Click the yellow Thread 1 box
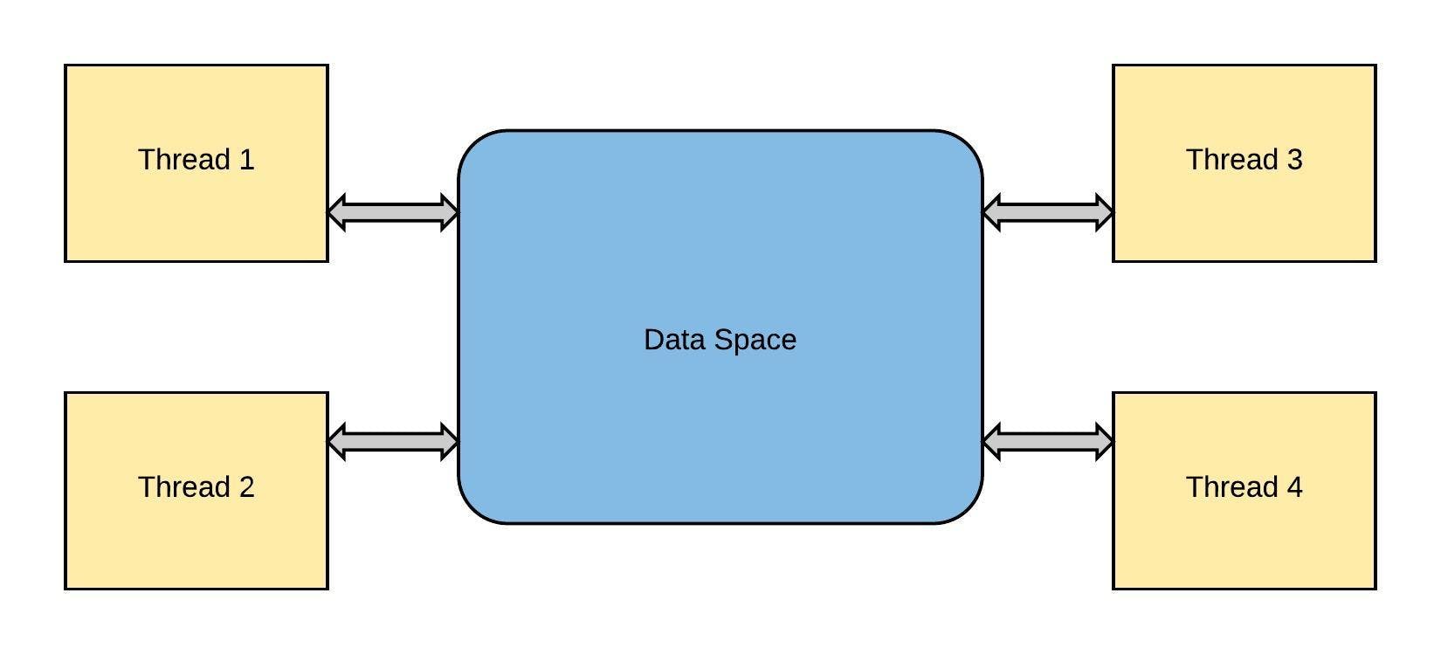click(196, 163)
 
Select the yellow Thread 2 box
click(196, 491)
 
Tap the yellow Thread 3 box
click(1244, 163)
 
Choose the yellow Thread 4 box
click(1244, 491)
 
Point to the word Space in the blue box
click(756, 341)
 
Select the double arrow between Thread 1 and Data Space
click(393, 212)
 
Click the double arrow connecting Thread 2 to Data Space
click(393, 442)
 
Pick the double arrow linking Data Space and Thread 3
click(1048, 212)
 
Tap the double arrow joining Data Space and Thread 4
click(1048, 442)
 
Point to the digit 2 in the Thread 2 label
click(246, 487)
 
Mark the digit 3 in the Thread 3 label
click(1294, 160)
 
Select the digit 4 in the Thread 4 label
click(1294, 487)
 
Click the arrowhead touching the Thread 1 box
click(336, 212)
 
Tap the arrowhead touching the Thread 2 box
click(336, 442)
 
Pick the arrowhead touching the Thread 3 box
click(1105, 212)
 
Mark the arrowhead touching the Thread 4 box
click(1105, 442)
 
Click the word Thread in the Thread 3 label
click(1232, 160)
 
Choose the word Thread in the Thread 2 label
click(184, 487)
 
